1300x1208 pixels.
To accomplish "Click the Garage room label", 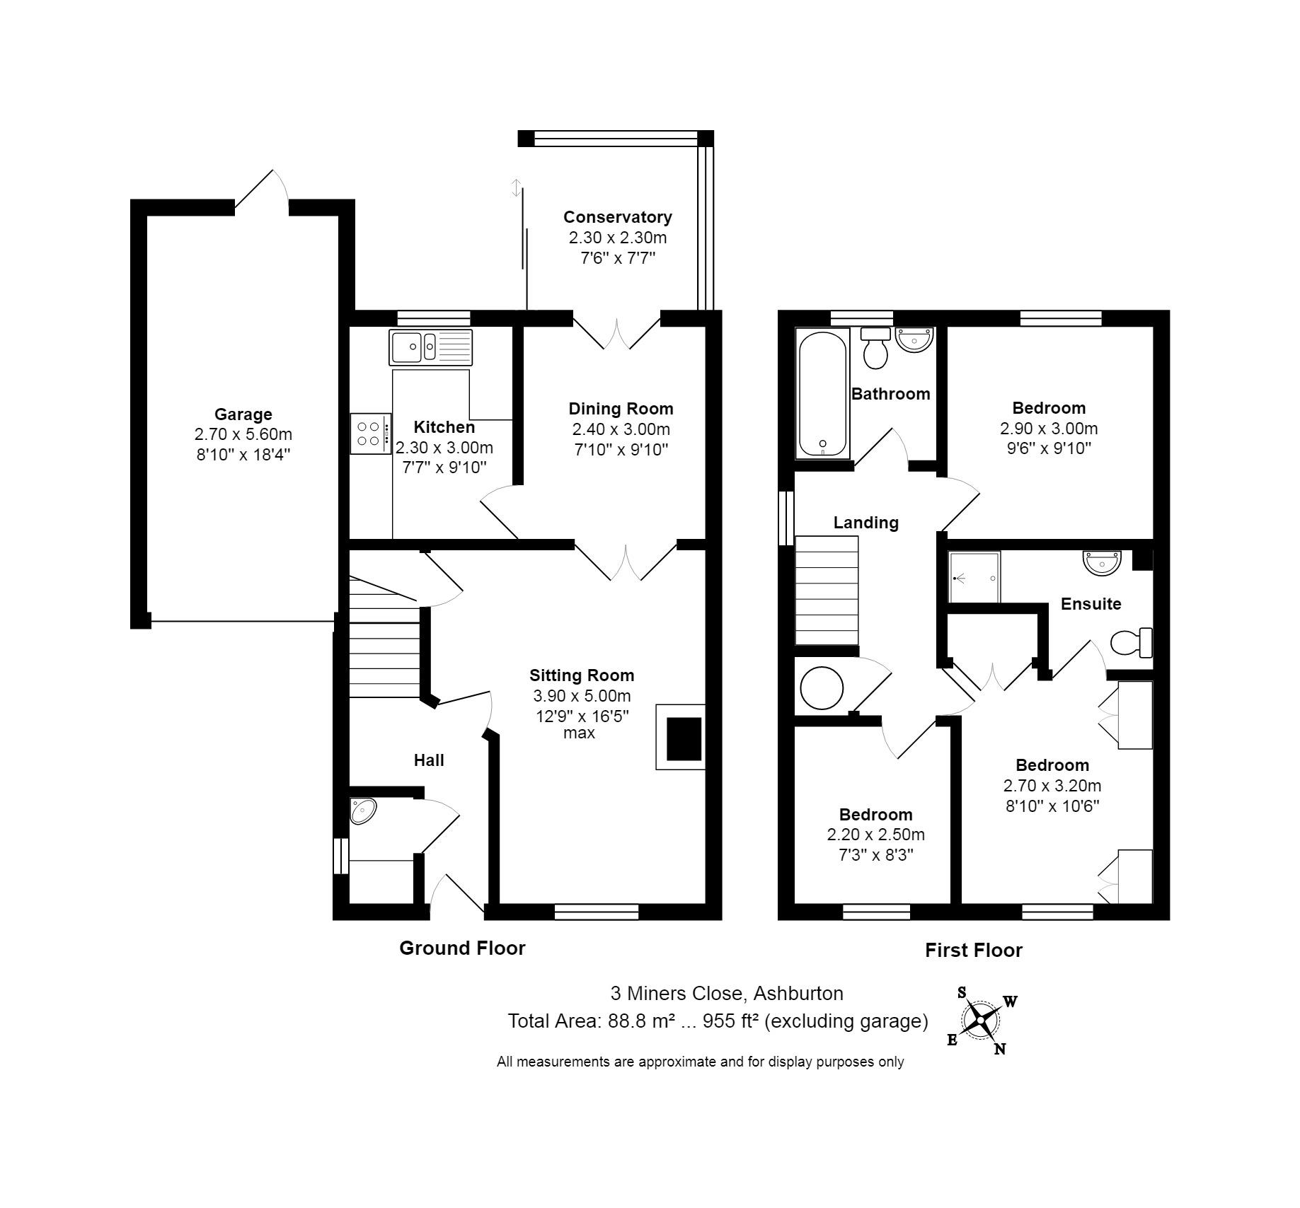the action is (x=243, y=414).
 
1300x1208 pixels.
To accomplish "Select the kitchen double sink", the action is (x=430, y=347).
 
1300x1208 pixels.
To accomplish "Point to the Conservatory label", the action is (x=617, y=217).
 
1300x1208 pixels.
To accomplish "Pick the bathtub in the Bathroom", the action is (x=822, y=394).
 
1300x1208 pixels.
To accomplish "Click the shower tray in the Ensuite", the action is (x=974, y=577).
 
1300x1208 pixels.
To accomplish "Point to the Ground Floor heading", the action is (x=462, y=948).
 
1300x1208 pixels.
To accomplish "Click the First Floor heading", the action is (x=974, y=951).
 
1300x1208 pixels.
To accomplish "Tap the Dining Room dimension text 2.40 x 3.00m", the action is (x=621, y=429).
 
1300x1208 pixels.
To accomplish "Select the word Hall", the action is (x=429, y=760).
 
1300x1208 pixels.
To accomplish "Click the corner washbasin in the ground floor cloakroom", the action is (x=362, y=811).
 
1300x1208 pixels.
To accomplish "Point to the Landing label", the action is (x=865, y=523).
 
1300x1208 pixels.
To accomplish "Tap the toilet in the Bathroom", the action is (x=876, y=348).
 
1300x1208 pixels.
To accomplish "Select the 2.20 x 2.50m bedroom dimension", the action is (x=875, y=835).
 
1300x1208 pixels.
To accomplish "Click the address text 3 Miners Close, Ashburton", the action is (x=727, y=994).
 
